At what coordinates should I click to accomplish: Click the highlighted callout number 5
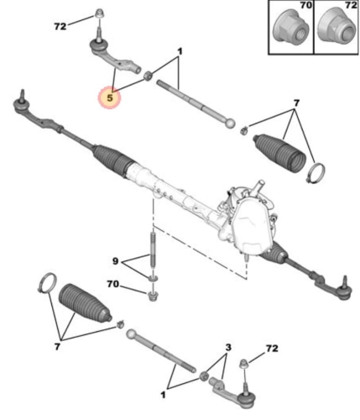point(110,98)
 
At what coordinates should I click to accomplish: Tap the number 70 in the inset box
point(305,5)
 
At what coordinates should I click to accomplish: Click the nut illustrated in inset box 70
point(291,27)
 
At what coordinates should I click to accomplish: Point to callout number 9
point(115,261)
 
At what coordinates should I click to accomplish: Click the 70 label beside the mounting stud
point(112,284)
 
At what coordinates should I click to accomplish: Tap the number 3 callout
point(228,348)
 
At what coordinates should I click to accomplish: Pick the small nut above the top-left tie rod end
point(98,14)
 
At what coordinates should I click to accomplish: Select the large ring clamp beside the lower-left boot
point(47,283)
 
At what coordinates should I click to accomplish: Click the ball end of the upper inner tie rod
point(230,123)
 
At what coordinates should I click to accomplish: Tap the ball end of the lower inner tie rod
point(131,334)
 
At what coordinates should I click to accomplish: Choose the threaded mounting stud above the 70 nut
point(153,249)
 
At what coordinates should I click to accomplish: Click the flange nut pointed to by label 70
point(153,297)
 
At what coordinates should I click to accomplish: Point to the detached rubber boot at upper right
point(279,154)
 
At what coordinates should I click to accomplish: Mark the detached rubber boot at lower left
point(85,304)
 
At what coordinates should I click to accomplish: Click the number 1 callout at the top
point(180,51)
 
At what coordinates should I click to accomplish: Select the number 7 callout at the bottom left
point(57,347)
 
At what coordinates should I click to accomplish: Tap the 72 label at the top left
point(60,26)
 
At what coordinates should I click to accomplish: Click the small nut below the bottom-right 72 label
point(243,364)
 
